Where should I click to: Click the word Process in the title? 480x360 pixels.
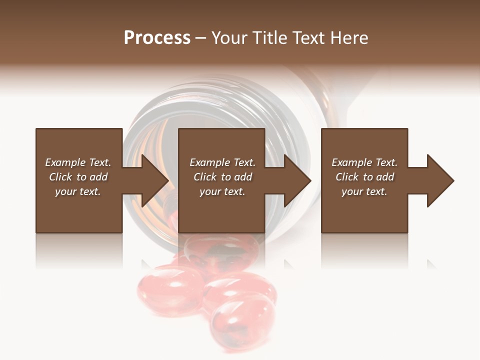point(157,38)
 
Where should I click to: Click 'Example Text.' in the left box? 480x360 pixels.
point(78,162)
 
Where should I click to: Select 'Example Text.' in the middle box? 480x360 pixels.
point(222,162)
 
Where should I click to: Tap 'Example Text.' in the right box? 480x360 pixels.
point(364,162)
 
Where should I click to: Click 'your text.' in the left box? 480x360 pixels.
point(78,191)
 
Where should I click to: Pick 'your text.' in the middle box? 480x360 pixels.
point(222,191)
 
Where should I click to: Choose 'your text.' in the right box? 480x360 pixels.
point(364,191)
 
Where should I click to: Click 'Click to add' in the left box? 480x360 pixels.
point(78,177)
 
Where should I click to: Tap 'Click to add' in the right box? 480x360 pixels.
point(364,177)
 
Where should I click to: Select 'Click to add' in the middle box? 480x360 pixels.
point(222,177)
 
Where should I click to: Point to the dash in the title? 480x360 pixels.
point(200,38)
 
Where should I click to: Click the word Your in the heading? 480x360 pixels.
point(228,38)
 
